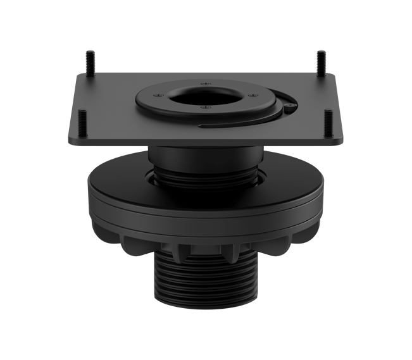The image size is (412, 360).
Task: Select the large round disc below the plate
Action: pos(206,190)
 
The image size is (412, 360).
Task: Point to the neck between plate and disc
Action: pos(206,155)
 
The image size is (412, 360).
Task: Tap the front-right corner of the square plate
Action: pos(344,142)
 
